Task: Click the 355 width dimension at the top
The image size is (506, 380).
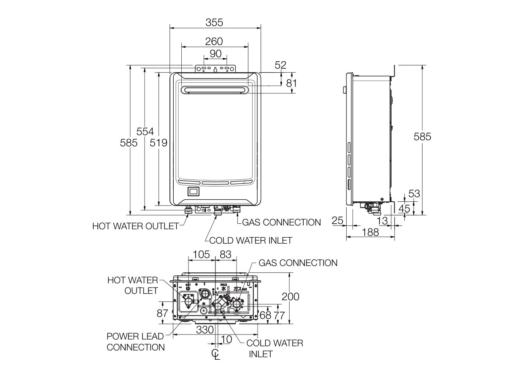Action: [x=214, y=22]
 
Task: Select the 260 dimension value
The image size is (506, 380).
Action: [x=214, y=41]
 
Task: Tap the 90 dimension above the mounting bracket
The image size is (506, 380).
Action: [x=215, y=54]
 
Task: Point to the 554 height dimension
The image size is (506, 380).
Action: [x=145, y=131]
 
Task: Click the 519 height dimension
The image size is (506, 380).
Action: [x=159, y=143]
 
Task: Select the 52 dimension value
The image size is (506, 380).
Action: [x=280, y=65]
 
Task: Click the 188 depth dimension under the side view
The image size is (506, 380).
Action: [x=370, y=232]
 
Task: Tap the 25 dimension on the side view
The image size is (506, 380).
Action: [x=337, y=220]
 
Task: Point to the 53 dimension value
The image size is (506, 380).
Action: [x=415, y=194]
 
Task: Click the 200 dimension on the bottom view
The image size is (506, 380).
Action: [x=291, y=296]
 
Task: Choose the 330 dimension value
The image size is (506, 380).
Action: [x=205, y=330]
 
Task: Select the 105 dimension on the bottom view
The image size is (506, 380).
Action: [x=201, y=254]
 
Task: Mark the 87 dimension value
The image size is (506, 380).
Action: [x=162, y=313]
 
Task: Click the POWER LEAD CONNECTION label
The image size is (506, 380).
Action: [x=135, y=342]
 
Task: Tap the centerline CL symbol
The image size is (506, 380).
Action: [x=216, y=354]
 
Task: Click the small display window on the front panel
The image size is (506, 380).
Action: [x=194, y=191]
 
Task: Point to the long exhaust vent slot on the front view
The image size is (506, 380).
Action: [x=214, y=90]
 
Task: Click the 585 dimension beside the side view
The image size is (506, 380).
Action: [x=422, y=137]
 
